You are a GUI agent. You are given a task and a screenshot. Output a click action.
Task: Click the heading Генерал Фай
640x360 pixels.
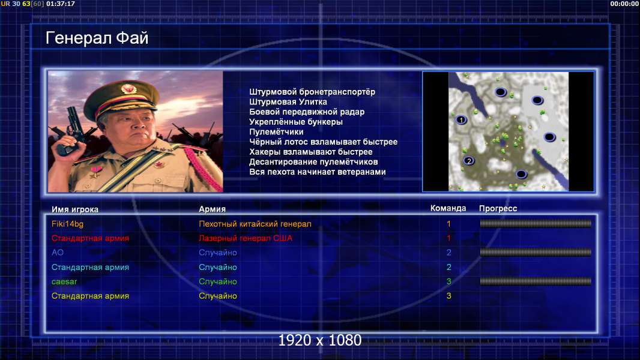point(97,38)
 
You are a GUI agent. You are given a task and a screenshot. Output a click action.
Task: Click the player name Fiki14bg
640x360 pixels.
point(67,224)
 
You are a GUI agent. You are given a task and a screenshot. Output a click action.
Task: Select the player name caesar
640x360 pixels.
point(64,281)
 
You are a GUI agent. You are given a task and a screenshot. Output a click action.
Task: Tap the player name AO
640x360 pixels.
point(58,253)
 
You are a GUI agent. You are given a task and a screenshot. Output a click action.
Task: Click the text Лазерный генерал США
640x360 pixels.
point(246,238)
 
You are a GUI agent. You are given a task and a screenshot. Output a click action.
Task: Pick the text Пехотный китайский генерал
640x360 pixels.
point(255,224)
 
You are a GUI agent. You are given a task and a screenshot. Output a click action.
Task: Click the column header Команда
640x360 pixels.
point(448,208)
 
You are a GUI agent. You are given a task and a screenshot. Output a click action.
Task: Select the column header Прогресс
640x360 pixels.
point(498,209)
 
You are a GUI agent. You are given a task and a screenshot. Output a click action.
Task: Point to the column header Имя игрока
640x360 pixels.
point(74,209)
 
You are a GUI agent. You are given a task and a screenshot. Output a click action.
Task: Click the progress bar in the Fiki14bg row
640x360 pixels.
point(536,223)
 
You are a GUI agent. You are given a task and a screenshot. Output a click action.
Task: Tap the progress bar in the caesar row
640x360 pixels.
point(536,281)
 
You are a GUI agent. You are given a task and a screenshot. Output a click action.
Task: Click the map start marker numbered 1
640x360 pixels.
point(461,120)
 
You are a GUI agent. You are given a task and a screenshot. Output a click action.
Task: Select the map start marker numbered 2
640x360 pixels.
point(469,161)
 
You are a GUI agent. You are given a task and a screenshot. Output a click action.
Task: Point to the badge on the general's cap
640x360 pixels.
point(128,88)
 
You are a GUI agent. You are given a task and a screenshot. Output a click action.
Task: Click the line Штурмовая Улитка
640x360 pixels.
point(288,102)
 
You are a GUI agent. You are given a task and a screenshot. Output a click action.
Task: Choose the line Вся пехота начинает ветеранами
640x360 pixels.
point(318,172)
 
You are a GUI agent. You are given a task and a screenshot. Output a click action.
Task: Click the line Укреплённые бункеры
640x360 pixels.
point(296,122)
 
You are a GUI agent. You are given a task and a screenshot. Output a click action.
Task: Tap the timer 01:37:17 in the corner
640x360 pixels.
point(61,4)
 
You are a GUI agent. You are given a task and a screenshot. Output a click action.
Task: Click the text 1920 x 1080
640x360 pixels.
point(320,340)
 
